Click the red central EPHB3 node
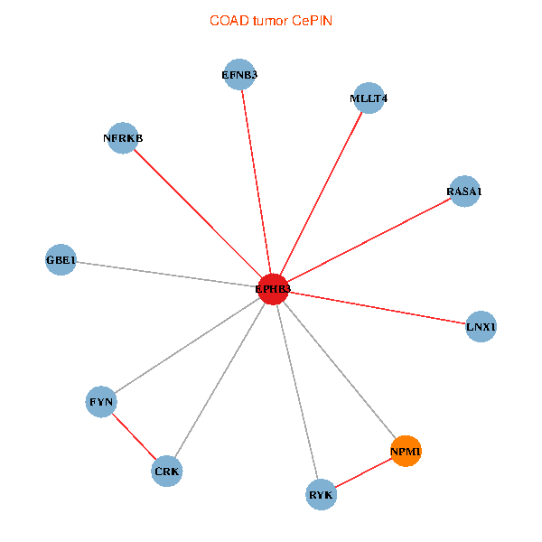pyautogui.click(x=273, y=289)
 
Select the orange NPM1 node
pyautogui.click(x=406, y=451)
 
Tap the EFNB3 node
pyautogui.click(x=239, y=74)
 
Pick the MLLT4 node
pyautogui.click(x=369, y=98)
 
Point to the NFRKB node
pyautogui.click(x=123, y=138)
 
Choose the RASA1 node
pyautogui.click(x=463, y=192)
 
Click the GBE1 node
pyautogui.click(x=61, y=260)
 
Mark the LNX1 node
pyautogui.click(x=481, y=326)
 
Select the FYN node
pyautogui.click(x=101, y=401)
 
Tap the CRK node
pyautogui.click(x=167, y=471)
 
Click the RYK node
pyautogui.click(x=321, y=495)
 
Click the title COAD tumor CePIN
pyautogui.click(x=271, y=21)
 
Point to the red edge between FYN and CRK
pyautogui.click(x=134, y=435)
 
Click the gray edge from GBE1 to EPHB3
pyautogui.click(x=167, y=275)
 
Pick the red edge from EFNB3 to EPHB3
pyautogui.click(x=256, y=181)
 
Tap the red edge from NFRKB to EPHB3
pyautogui.click(x=198, y=213)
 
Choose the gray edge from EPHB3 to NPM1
pyautogui.click(x=339, y=369)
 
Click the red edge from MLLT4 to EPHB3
pyautogui.click(x=321, y=193)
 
